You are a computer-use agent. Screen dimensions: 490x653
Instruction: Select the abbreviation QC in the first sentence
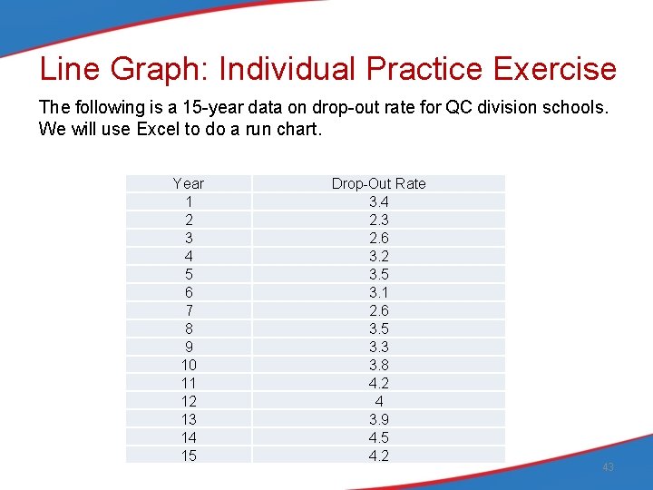point(457,107)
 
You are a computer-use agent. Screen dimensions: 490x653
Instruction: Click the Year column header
point(189,183)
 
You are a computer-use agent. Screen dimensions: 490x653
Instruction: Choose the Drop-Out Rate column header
point(378,183)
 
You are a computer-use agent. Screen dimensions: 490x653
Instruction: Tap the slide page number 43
point(608,466)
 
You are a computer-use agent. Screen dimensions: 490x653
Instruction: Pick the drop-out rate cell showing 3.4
point(378,201)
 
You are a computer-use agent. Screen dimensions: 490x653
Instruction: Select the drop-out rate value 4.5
point(378,437)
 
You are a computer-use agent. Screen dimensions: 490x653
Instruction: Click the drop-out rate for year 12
point(378,401)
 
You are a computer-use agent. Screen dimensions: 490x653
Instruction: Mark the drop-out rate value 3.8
point(378,365)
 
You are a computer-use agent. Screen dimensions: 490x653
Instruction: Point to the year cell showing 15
point(189,456)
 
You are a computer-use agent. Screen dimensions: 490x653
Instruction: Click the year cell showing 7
point(189,310)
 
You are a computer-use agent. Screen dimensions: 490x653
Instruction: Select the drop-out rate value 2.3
point(378,220)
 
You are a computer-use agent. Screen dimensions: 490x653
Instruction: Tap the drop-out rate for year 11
point(378,383)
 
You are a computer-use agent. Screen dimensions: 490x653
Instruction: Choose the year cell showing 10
point(189,365)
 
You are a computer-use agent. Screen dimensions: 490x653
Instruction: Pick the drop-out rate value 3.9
point(378,419)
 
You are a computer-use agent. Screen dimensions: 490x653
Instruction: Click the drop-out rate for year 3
point(378,238)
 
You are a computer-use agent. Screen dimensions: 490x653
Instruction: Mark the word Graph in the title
point(159,69)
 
